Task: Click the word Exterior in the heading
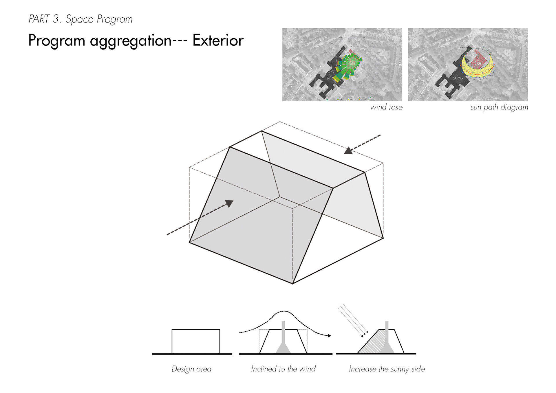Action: (x=218, y=41)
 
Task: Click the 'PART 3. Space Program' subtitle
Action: (x=81, y=19)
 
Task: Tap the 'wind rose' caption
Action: (x=386, y=107)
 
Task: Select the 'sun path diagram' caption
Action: (x=499, y=107)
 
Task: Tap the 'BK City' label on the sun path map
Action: (x=458, y=78)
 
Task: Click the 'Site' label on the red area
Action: (x=478, y=63)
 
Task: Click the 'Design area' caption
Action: (x=191, y=369)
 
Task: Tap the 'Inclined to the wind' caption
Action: (x=283, y=369)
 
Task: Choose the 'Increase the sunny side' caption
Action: (x=387, y=369)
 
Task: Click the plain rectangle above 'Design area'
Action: (x=196, y=341)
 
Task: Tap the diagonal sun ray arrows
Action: (x=352, y=320)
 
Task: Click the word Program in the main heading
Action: (x=57, y=41)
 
